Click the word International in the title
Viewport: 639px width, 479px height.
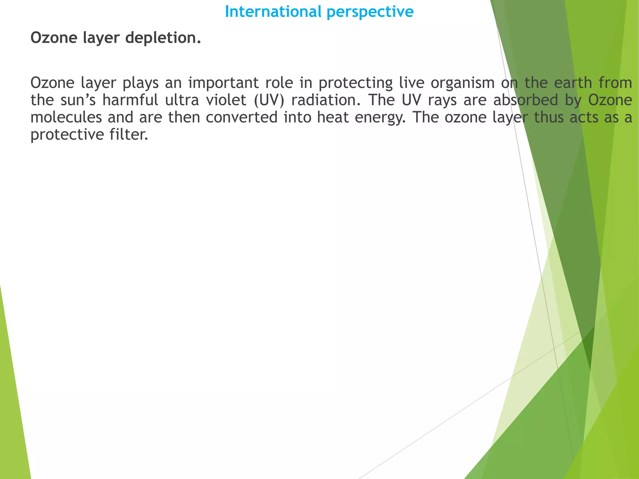[273, 12]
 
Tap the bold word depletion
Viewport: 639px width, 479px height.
[163, 38]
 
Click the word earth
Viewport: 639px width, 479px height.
[573, 83]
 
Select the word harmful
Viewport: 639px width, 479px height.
[130, 100]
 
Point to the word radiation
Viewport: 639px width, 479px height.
[326, 100]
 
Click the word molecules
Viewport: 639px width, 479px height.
[66, 118]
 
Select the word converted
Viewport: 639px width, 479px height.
[241, 118]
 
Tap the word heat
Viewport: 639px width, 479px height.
[333, 118]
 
